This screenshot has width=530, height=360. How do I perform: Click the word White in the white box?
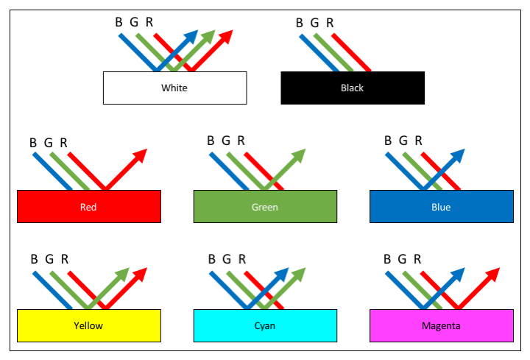pyautogui.click(x=174, y=88)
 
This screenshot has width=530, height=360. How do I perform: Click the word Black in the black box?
pyautogui.click(x=352, y=88)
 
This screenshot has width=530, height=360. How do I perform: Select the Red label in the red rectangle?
pyautogui.click(x=88, y=207)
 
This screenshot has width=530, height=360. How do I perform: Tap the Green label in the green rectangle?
pyautogui.click(x=265, y=207)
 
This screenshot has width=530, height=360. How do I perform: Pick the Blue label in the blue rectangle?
pyautogui.click(x=441, y=207)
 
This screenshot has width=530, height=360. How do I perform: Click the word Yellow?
pyautogui.click(x=88, y=325)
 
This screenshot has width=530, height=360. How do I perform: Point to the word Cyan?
pyautogui.click(x=265, y=325)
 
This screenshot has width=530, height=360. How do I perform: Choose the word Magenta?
pyautogui.click(x=441, y=325)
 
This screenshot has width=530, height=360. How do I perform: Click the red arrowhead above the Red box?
pyautogui.click(x=140, y=155)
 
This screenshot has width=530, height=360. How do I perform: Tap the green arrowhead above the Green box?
pyautogui.click(x=299, y=155)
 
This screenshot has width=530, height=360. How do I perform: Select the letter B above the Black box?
pyautogui.click(x=300, y=22)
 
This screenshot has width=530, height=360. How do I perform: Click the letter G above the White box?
pyautogui.click(x=134, y=22)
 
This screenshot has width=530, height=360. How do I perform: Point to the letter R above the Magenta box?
pyautogui.click(x=419, y=259)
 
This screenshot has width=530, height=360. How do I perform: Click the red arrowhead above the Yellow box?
pyautogui.click(x=140, y=274)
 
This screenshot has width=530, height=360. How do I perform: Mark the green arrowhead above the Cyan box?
pyautogui.click(x=299, y=274)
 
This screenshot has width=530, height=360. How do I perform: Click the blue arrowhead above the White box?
pyautogui.click(x=191, y=37)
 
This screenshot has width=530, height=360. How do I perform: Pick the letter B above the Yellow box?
pyautogui.click(x=34, y=259)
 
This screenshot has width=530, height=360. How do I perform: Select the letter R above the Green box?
pyautogui.click(x=242, y=141)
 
